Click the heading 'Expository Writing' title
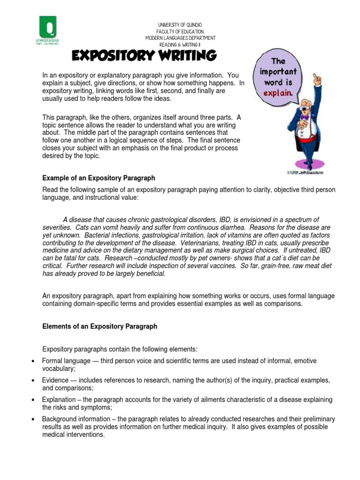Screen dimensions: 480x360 143,57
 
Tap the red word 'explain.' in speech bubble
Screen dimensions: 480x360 278,92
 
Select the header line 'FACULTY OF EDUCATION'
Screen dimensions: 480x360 180,31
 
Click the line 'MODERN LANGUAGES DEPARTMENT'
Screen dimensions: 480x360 180,37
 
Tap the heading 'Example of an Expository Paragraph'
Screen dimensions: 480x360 98,178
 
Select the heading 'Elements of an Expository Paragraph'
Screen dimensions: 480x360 100,326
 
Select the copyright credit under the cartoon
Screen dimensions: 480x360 305,172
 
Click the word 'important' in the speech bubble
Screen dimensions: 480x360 278,72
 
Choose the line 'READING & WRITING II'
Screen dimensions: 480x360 180,44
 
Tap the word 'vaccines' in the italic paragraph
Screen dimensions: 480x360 222,266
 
